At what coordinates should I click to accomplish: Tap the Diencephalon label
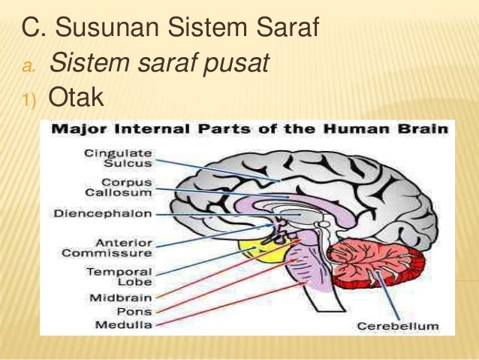point(102,213)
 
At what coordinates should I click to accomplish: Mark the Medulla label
point(125,325)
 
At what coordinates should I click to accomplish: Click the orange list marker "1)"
point(29,100)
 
